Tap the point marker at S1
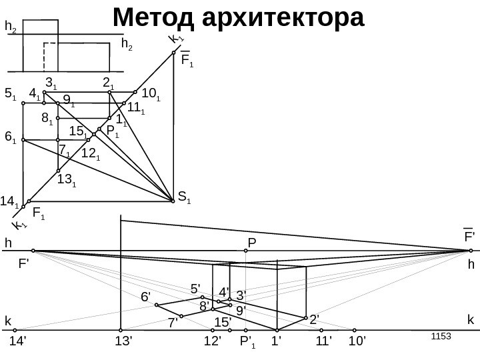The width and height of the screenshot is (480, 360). (x=173, y=198)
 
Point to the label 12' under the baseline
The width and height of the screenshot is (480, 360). (x=212, y=342)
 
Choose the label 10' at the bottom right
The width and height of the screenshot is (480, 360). (x=359, y=342)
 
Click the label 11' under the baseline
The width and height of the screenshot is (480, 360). (x=323, y=342)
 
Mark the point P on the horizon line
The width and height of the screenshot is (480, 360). (x=246, y=251)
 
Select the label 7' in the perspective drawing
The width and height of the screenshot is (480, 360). (x=173, y=323)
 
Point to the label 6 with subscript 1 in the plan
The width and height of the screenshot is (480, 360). (x=10, y=137)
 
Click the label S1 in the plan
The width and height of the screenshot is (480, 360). (x=184, y=196)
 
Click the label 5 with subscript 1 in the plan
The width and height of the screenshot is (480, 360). (x=10, y=94)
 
